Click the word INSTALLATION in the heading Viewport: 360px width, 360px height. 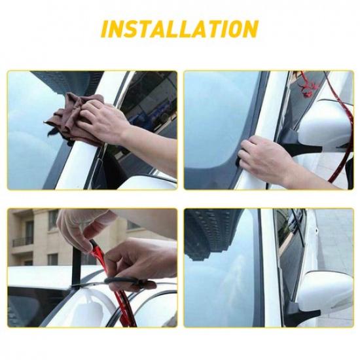[x=179, y=30]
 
